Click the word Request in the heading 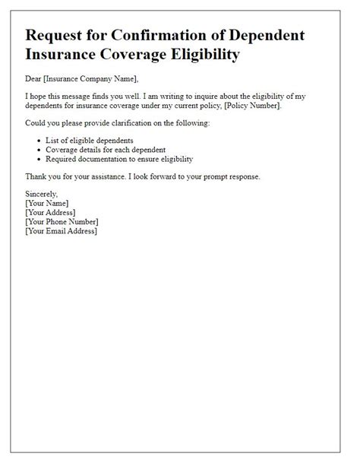[56, 36]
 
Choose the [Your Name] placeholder [47, 204]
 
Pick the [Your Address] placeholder [52, 213]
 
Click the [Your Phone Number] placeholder [62, 222]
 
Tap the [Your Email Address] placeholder [62, 231]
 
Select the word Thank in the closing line [38, 176]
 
